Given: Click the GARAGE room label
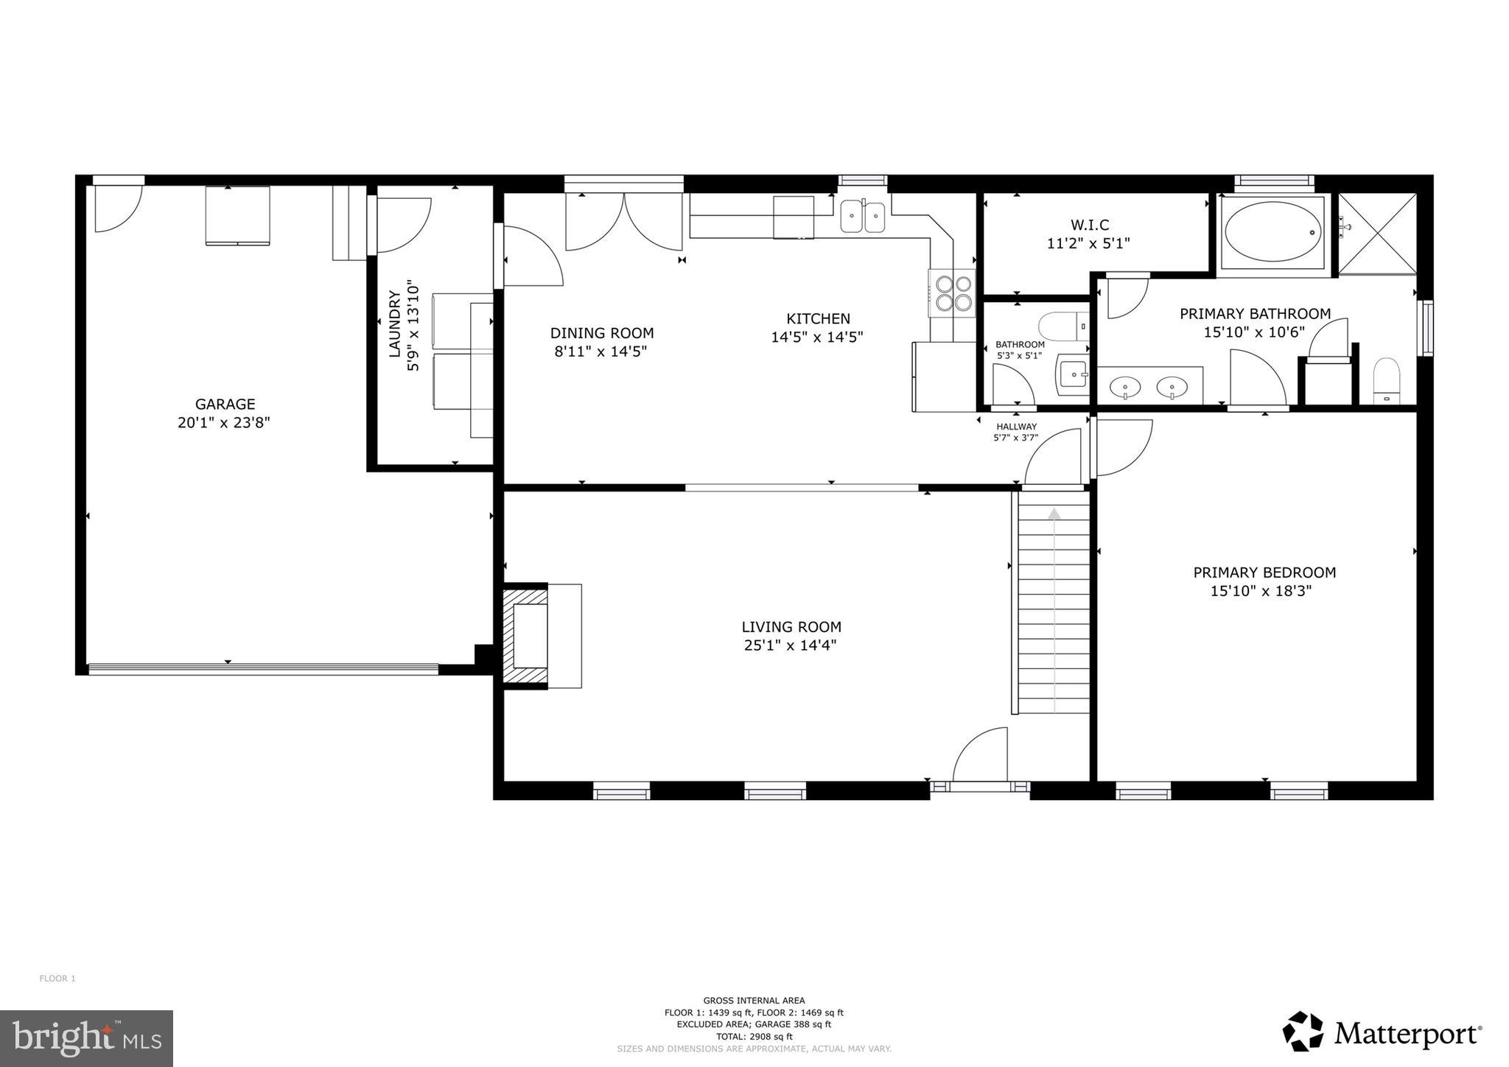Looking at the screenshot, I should pos(225,404).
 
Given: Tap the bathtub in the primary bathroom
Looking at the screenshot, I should pos(1273,232).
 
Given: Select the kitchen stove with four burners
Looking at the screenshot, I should pos(951,292).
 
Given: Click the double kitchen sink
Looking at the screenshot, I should pos(863,217).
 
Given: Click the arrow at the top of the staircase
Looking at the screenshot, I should pos(1054,514).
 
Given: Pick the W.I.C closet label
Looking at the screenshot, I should pos(1089,225).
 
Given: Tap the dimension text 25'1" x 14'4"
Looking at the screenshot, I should pos(791,646).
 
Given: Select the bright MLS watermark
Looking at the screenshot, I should pos(87,1038).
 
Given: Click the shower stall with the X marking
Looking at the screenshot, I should pos(1376,233).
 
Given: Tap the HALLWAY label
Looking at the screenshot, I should pos(1016,427).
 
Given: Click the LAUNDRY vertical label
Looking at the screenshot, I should pos(395,325).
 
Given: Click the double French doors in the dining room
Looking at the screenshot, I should pos(624,221).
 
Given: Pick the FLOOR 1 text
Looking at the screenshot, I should pos(57,979).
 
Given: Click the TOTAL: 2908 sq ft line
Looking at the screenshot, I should pos(754,1036).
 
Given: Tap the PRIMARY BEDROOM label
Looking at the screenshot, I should pos(1264,572).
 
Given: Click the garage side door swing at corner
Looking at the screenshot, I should pos(116,209).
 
